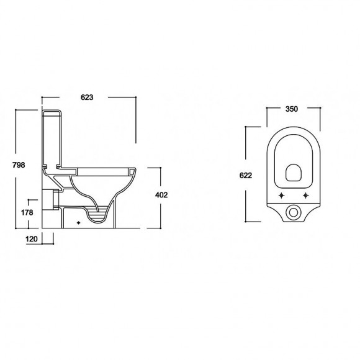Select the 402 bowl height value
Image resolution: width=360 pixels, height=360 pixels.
pyautogui.click(x=161, y=195)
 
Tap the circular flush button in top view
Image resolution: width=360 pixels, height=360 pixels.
pyautogui.click(x=293, y=213)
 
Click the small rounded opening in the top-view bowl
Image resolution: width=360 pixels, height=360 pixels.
pyautogui.click(x=293, y=173)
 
